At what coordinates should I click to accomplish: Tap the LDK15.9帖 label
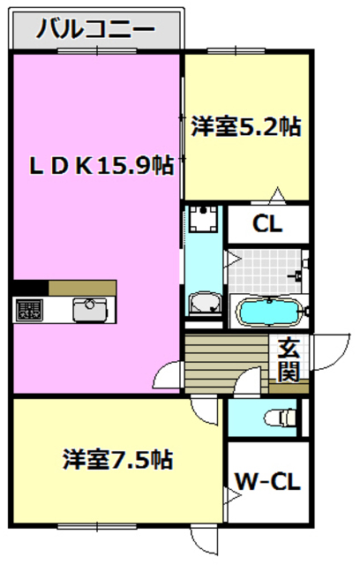(97, 165)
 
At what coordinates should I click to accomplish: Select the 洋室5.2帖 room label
(246, 127)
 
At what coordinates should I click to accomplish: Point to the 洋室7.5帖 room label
(116, 459)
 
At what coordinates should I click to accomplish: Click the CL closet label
(267, 224)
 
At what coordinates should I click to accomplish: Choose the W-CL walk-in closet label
(267, 482)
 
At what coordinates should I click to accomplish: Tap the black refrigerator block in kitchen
(30, 288)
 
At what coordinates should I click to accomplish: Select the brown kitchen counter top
(82, 288)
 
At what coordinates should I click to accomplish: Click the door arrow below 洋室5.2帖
(277, 193)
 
